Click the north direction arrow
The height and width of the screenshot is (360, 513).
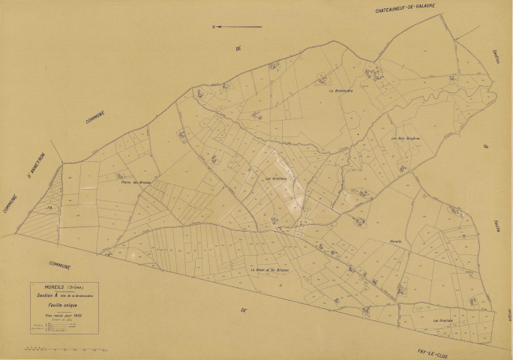point(237,27)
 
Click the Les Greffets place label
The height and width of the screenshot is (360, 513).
point(276,178)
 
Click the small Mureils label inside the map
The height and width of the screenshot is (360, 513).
point(395,241)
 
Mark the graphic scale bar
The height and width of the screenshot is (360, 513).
point(67,349)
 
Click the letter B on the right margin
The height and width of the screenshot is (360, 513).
point(485,147)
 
